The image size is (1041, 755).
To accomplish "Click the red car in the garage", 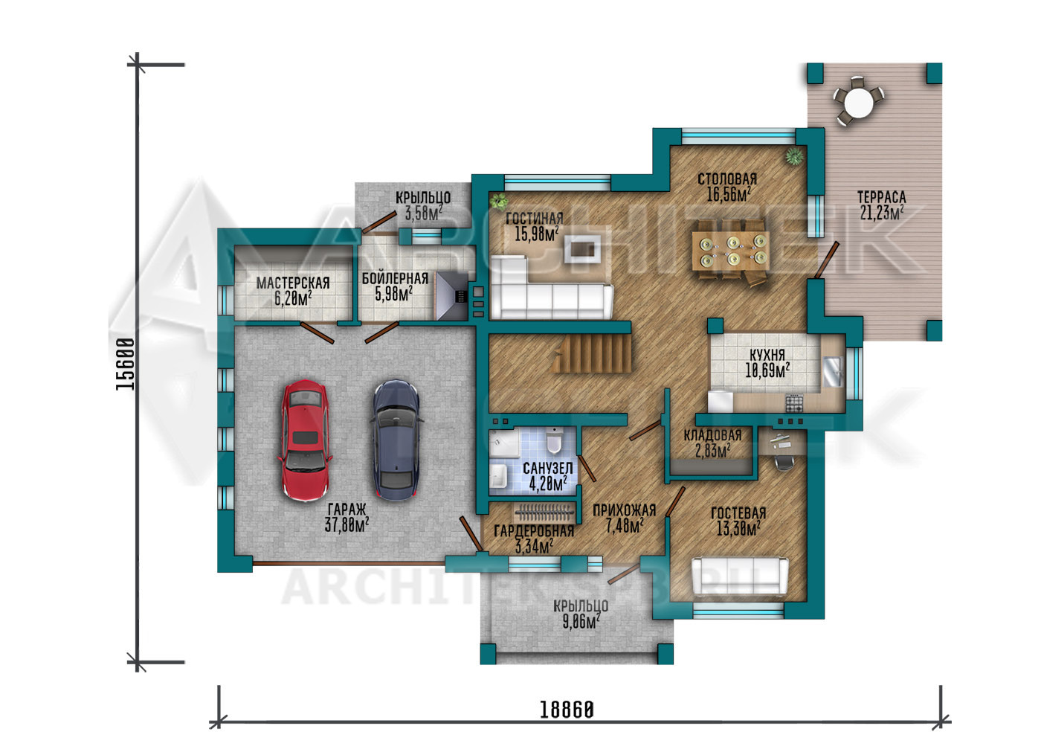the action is click(305, 440).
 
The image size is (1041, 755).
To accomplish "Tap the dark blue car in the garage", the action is click(396, 440).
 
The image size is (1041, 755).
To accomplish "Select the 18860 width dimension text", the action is click(567, 710).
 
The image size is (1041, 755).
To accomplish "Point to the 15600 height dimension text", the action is click(126, 364).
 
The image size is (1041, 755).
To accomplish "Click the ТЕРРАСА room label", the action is click(881, 197).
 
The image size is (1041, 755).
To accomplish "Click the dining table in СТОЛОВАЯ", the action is click(730, 251).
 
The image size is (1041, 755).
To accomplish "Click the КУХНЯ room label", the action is click(767, 356).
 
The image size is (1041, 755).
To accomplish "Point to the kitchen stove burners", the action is click(794, 403).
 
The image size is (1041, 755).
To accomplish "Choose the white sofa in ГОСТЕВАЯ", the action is click(740, 576).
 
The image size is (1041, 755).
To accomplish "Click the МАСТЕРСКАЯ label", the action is click(293, 283).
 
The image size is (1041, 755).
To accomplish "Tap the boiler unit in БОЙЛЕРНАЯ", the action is click(451, 296).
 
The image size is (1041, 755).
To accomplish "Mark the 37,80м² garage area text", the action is click(347, 525).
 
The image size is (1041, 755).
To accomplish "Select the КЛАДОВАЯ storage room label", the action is click(712, 436).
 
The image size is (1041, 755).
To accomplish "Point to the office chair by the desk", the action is click(784, 462).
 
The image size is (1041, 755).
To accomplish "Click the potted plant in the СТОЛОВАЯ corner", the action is click(795, 156).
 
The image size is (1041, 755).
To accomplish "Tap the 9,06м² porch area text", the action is click(581, 622).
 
